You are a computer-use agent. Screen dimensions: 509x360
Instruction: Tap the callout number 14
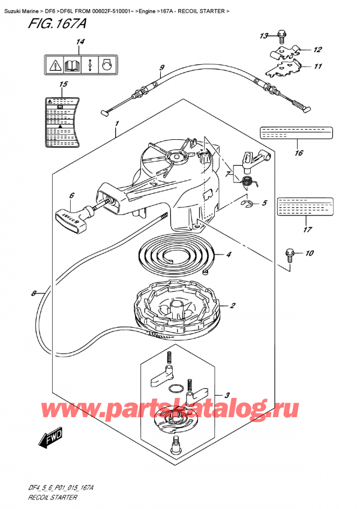[x=80, y=42]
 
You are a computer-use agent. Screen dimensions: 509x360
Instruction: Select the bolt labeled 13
[x=282, y=37]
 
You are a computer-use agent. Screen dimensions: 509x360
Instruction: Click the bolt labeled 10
[x=290, y=254]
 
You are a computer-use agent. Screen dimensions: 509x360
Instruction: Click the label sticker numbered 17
[x=305, y=207]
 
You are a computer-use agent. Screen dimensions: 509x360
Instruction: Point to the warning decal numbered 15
[x=62, y=123]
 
